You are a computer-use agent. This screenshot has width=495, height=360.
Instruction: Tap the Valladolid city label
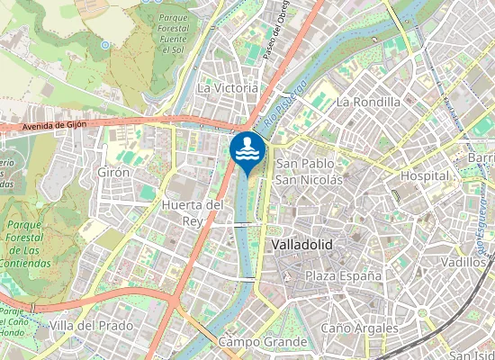click(x=301, y=245)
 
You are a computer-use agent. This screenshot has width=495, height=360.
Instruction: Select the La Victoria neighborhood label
click(x=228, y=88)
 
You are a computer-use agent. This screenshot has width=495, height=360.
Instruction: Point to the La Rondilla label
click(x=367, y=102)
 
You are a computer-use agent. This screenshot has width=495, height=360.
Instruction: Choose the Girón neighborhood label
click(x=114, y=172)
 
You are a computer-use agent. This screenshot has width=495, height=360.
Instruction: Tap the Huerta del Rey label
click(x=192, y=212)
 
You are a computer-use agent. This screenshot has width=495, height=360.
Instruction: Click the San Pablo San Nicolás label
click(x=309, y=171)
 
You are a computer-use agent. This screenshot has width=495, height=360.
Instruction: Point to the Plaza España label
click(x=343, y=274)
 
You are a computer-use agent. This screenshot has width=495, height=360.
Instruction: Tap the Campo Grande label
click(x=263, y=342)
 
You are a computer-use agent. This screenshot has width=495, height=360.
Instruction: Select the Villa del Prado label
click(x=91, y=325)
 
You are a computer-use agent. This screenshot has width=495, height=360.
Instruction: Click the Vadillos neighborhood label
click(x=465, y=262)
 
